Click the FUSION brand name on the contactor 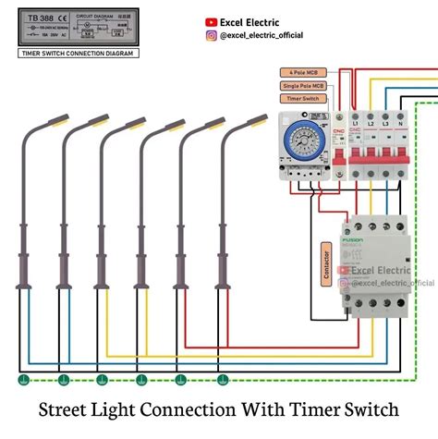coord(354,238)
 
